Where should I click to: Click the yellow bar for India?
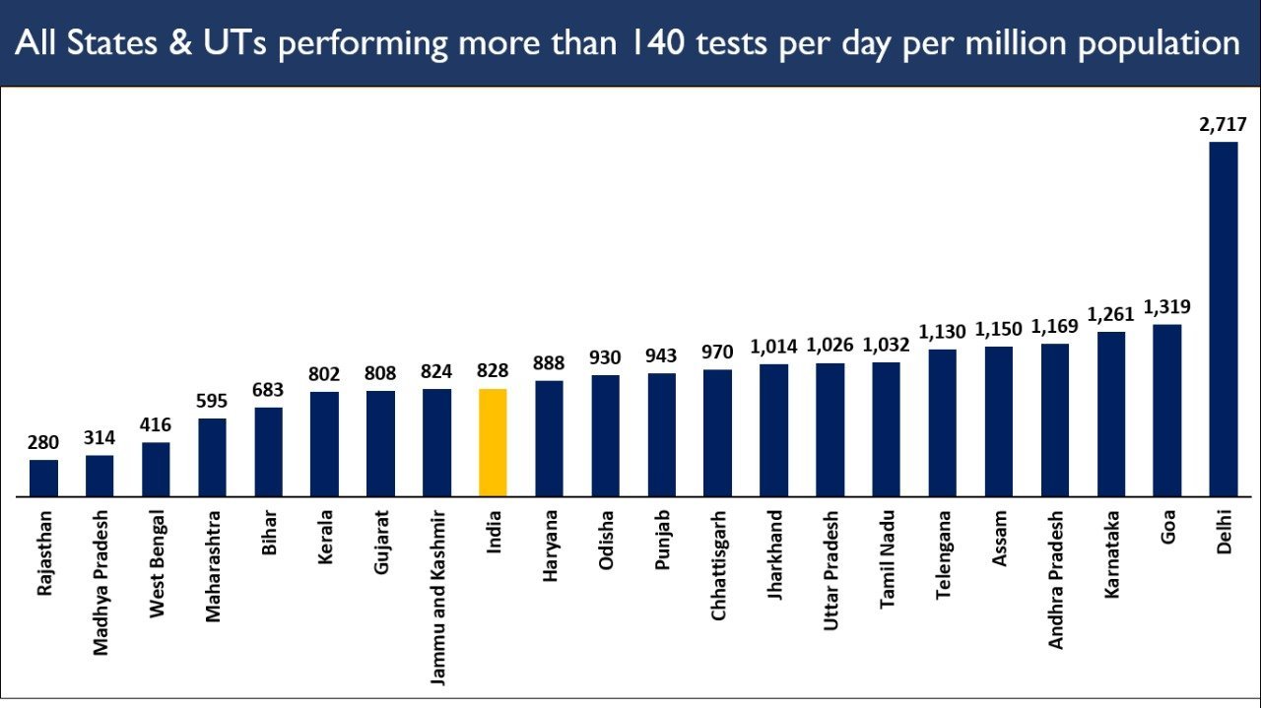[x=493, y=442]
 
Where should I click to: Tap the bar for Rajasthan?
[x=43, y=478]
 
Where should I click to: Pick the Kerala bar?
[x=324, y=443]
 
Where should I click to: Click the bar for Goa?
[x=1167, y=410]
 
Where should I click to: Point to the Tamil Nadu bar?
[x=886, y=428]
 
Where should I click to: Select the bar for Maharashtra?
[x=212, y=457]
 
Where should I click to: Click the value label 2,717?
[x=1224, y=125]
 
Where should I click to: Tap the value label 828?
[x=493, y=371]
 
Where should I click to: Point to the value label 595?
[x=212, y=401]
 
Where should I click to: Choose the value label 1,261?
[x=1111, y=314]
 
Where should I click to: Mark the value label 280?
[x=43, y=442]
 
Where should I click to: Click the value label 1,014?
[x=774, y=347]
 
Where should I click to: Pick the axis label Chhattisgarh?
[x=718, y=564]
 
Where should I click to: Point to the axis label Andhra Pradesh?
[x=1056, y=579]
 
